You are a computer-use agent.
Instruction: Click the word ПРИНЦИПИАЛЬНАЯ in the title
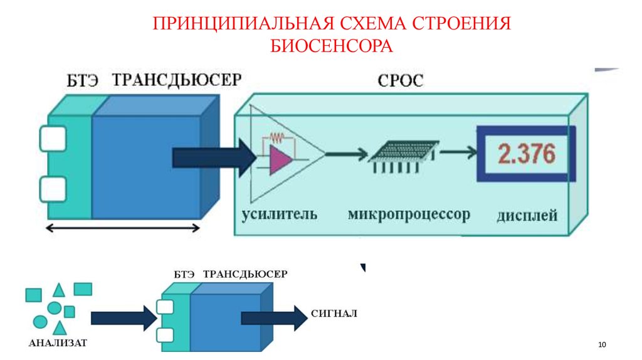point(244,24)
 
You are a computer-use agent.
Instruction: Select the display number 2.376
point(527,154)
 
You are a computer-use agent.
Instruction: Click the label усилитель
point(280,214)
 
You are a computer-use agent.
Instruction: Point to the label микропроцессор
point(409,214)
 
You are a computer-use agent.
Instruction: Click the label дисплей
point(527,216)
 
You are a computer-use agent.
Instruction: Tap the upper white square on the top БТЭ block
point(53,139)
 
